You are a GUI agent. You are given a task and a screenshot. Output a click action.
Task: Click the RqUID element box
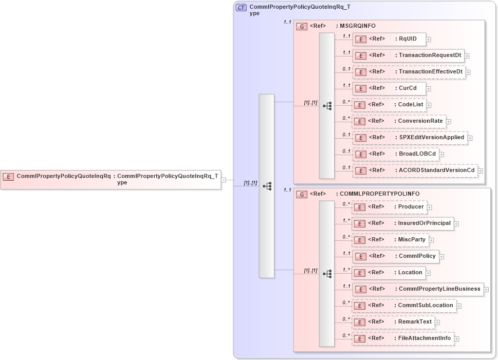click(388, 39)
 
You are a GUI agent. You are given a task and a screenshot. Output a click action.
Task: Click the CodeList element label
click(411, 105)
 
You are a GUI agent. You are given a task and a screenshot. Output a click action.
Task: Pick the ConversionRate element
click(398, 121)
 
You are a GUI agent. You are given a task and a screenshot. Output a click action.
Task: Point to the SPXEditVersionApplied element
click(409, 138)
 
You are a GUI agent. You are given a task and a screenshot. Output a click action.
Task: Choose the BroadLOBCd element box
click(395, 154)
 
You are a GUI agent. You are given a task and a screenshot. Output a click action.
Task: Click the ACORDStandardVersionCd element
click(414, 170)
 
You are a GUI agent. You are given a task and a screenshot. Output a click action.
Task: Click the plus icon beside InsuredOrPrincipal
click(456, 224)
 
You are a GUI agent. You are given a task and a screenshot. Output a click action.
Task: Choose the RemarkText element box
click(393, 322)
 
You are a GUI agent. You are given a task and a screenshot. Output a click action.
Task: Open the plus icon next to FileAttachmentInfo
click(456, 339)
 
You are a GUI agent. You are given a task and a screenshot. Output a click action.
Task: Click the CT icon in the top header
click(241, 8)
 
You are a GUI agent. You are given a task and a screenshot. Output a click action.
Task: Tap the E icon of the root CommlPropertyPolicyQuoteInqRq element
click(8, 177)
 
